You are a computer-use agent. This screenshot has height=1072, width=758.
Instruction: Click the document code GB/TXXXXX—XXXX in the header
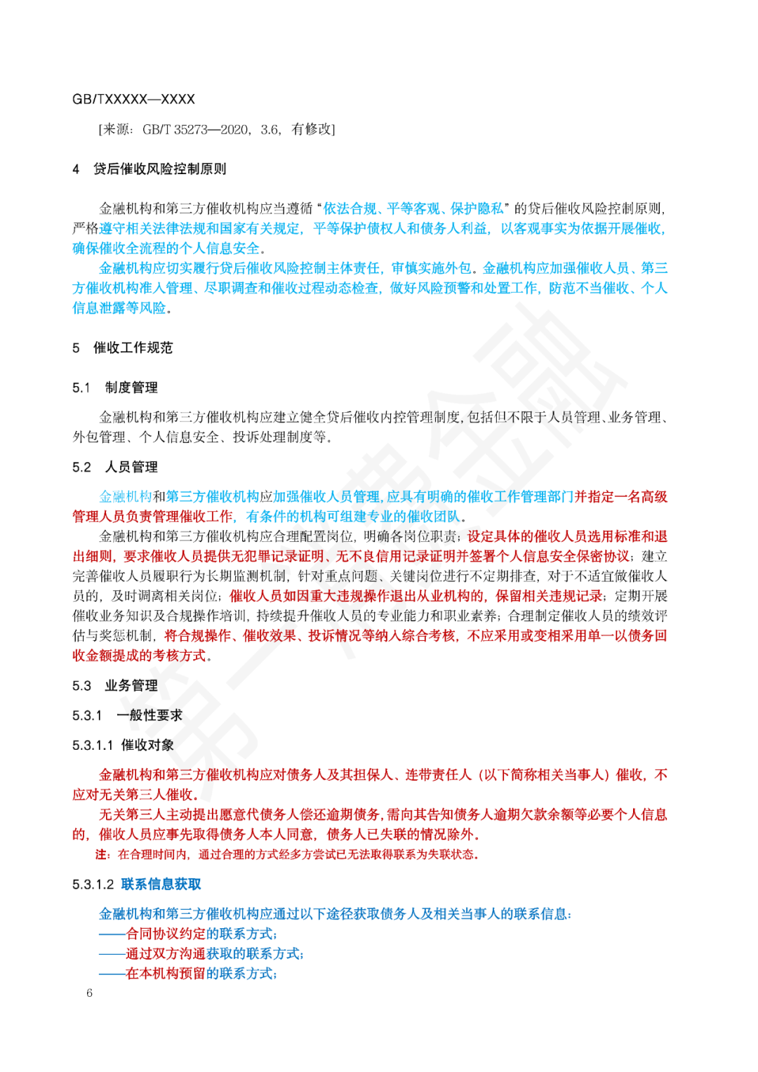[133, 99]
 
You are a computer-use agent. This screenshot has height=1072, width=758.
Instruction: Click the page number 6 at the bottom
[89, 993]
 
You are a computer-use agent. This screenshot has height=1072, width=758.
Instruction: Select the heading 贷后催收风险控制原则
[160, 169]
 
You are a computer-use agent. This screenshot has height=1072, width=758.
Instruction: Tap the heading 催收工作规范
[133, 348]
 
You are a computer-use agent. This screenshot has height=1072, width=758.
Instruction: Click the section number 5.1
[81, 388]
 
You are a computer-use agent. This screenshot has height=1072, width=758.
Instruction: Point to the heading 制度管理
[131, 388]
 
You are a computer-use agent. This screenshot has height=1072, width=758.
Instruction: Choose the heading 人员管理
[131, 467]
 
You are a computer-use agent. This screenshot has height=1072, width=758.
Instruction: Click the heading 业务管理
[131, 686]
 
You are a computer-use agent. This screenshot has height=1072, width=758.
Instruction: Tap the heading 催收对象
[147, 745]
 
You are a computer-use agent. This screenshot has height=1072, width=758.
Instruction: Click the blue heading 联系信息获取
[161, 884]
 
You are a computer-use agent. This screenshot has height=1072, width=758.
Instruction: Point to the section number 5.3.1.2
[93, 884]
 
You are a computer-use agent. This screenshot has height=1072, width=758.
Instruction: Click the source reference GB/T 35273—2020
[196, 129]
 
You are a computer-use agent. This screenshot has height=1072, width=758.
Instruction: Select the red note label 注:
[103, 854]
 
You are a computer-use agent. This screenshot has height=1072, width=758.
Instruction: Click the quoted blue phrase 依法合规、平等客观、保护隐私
[413, 209]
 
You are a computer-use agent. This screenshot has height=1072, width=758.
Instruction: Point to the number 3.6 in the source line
[270, 129]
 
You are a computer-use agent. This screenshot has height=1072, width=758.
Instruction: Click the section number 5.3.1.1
[93, 745]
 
